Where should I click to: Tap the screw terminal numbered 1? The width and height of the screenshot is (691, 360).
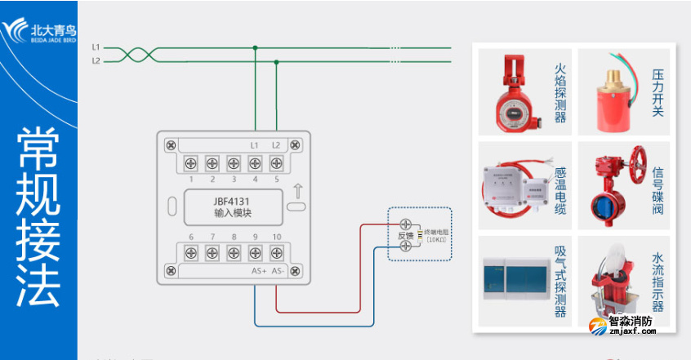(191, 162)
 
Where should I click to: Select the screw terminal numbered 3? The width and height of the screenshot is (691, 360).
(234, 162)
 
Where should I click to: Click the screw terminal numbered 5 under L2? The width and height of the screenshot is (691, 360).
(276, 162)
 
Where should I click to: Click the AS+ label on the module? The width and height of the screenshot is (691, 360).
(258, 270)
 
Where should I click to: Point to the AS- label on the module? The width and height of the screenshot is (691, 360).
(279, 270)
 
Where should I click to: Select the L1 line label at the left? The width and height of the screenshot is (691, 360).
(96, 48)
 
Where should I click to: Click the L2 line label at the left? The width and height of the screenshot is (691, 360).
(96, 61)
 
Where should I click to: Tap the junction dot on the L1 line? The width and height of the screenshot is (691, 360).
(255, 48)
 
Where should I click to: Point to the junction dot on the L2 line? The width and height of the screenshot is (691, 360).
(275, 60)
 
